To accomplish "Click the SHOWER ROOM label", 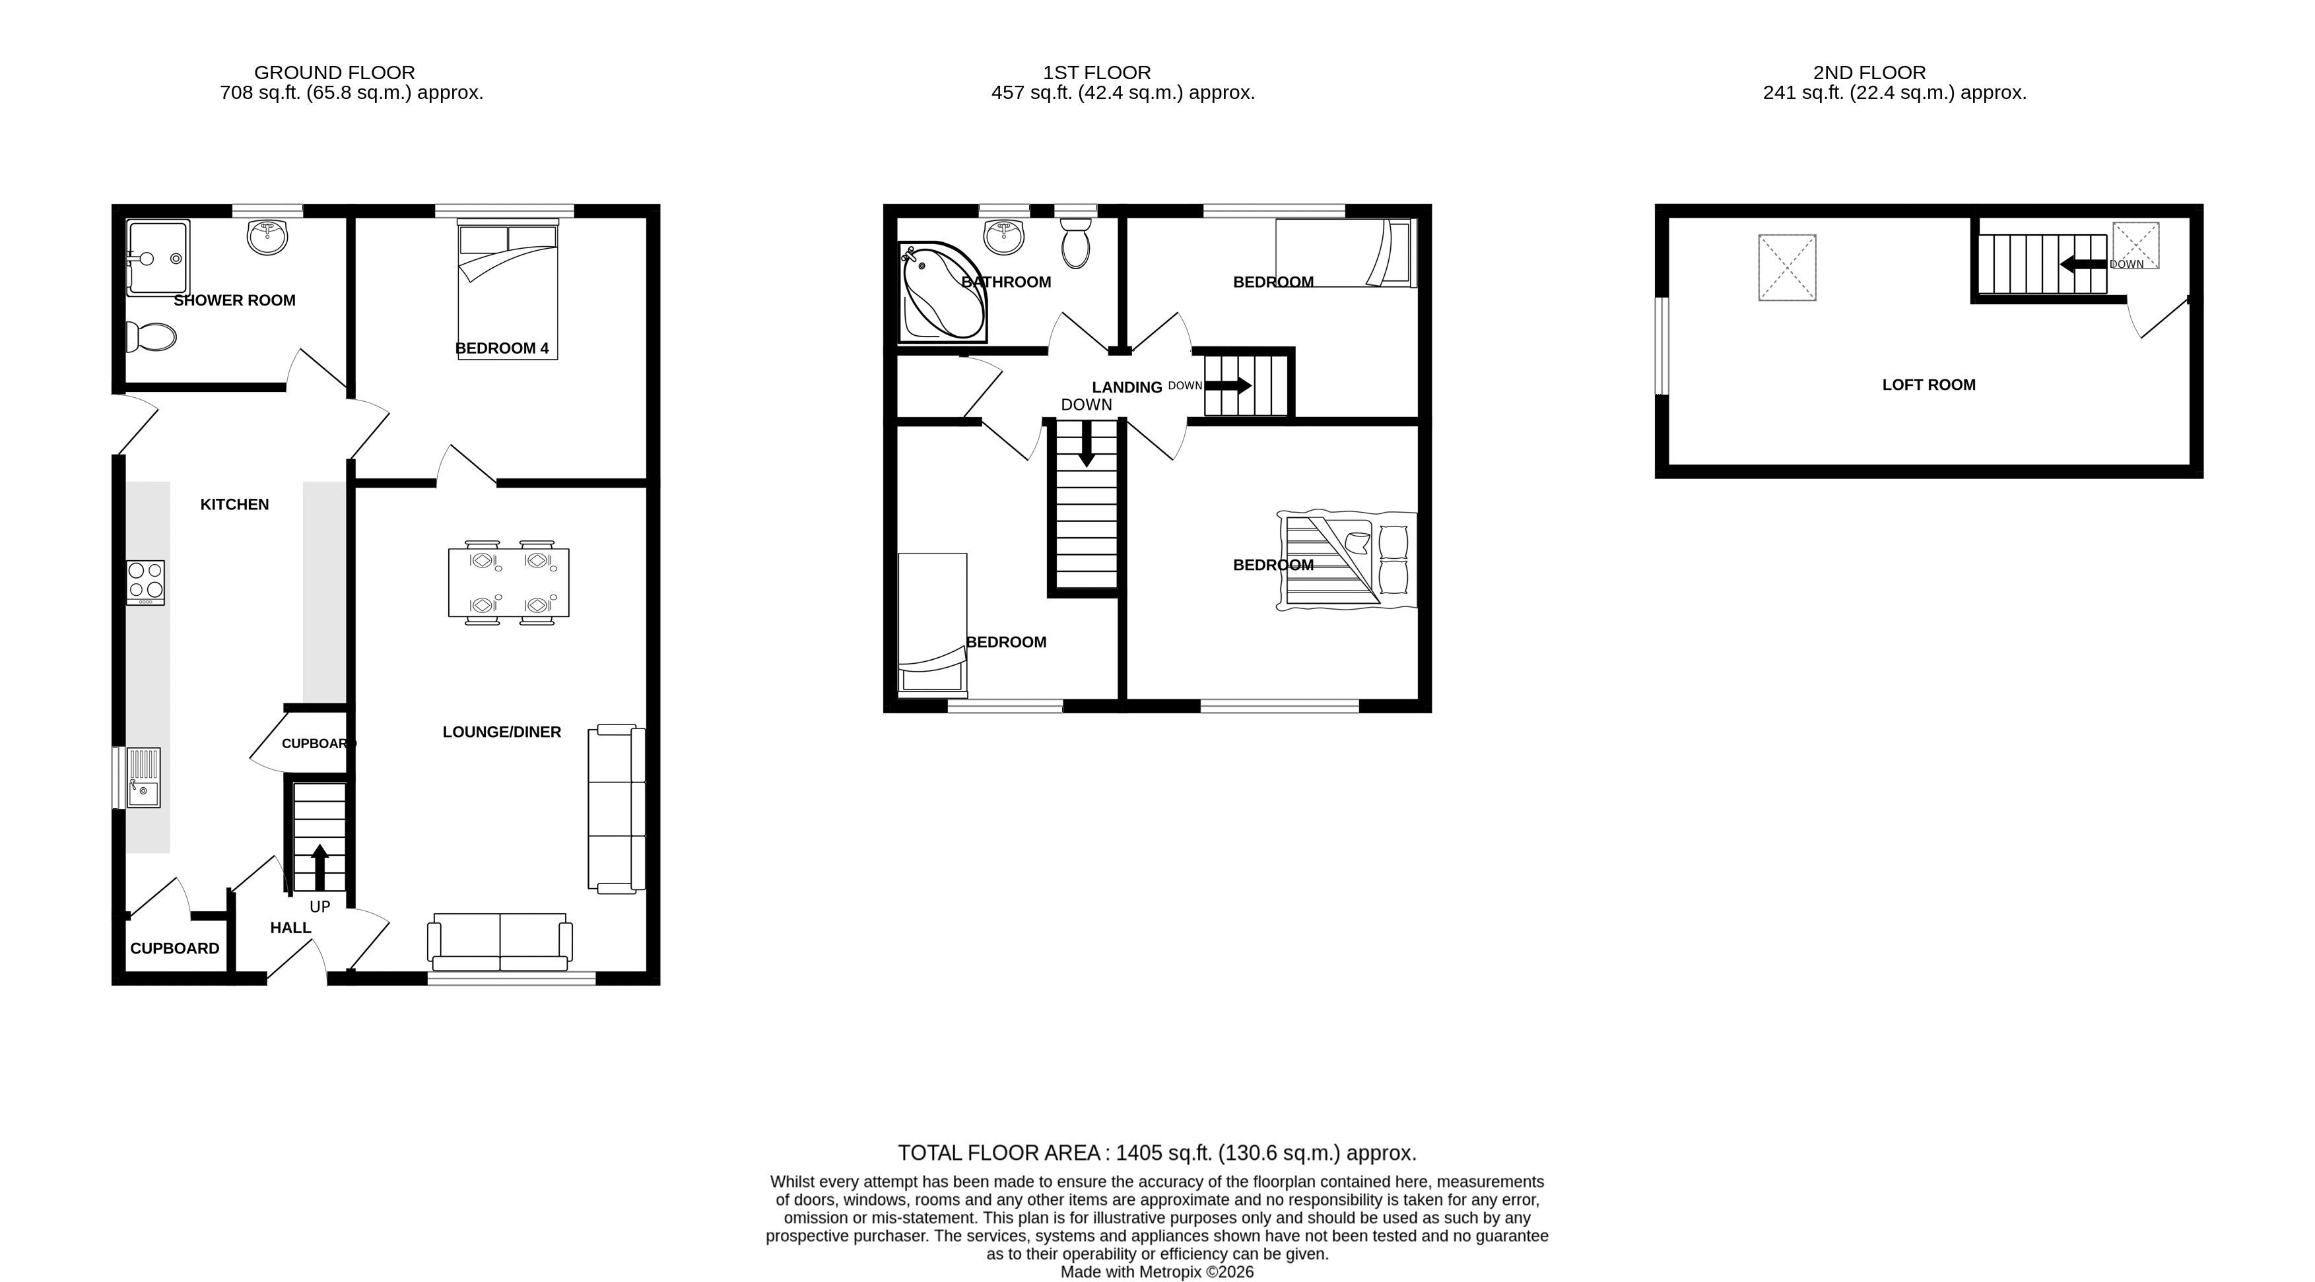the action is point(234,300).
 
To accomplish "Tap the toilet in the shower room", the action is point(151,338).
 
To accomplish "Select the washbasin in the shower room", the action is point(267,237).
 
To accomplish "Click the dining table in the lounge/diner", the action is point(509,582).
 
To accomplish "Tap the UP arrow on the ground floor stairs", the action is point(319,867).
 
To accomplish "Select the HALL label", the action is point(290,928).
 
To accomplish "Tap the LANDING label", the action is point(1127,387).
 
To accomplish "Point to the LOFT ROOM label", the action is point(1929,385).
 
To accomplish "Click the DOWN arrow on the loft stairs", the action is point(2083,264).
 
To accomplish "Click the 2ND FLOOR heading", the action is point(1869,73).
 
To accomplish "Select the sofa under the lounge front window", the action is point(500,942).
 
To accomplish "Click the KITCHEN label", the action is point(234,505).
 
